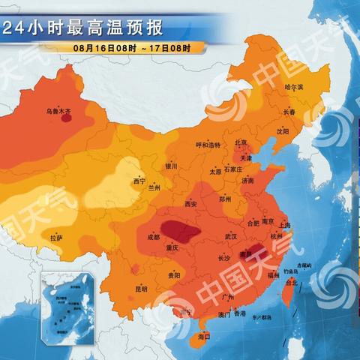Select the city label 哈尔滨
(x=295, y=87)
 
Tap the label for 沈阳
(x=282, y=130)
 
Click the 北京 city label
(x=241, y=142)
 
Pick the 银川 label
(x=171, y=166)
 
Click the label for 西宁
(x=139, y=181)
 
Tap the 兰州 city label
(x=154, y=187)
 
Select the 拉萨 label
(x=56, y=238)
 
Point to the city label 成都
(x=153, y=237)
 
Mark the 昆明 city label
(x=141, y=288)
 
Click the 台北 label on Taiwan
(x=292, y=283)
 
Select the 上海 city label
(x=284, y=224)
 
